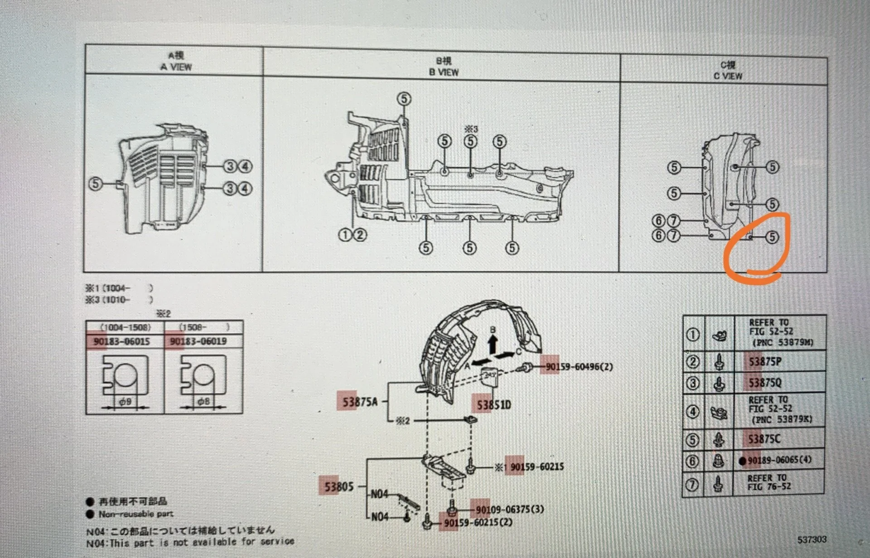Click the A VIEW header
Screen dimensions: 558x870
176,67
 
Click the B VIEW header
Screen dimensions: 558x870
444,72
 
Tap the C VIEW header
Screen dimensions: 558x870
728,76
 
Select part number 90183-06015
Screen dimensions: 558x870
121,342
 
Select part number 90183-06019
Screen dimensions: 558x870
198,341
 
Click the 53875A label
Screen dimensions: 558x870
360,401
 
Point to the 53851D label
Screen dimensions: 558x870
493,404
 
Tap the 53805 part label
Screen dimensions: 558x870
338,487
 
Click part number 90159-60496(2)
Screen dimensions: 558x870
579,366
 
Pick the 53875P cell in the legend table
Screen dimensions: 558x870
764,361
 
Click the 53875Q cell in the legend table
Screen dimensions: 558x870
764,383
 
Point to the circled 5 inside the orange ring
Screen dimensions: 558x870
772,237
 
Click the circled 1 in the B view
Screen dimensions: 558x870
345,235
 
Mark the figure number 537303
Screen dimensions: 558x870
812,539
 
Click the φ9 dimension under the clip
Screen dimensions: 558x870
125,402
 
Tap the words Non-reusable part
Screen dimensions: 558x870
136,514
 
